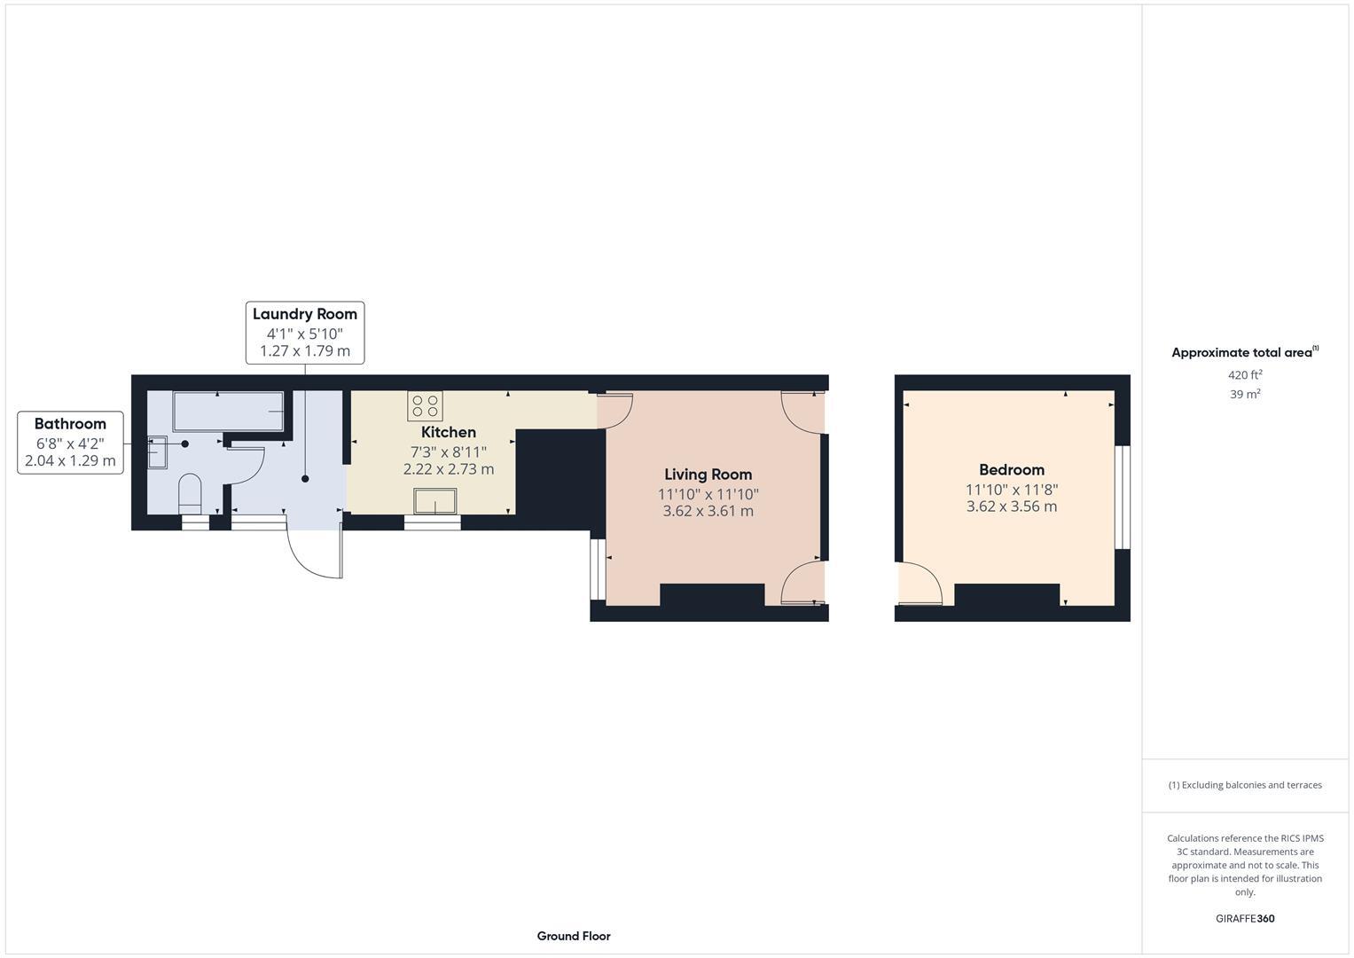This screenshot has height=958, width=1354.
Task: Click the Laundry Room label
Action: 304,314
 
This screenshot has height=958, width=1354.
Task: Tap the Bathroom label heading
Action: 70,424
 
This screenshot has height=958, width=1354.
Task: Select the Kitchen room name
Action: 448,432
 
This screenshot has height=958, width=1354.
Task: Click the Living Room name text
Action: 708,475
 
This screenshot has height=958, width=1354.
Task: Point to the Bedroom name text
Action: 1011,470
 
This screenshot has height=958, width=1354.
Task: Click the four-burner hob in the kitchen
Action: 425,405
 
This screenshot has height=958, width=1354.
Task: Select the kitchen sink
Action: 434,501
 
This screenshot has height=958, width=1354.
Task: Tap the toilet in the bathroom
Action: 191,492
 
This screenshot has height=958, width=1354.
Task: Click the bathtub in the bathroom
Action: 228,412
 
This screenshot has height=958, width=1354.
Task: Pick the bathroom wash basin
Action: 157,452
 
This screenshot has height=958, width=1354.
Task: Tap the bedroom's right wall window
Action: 1122,497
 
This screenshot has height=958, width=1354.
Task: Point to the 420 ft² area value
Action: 1244,375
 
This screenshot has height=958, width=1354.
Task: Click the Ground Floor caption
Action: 573,936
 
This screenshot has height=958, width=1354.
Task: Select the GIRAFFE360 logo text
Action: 1244,918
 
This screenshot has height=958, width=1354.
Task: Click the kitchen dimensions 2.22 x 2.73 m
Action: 448,469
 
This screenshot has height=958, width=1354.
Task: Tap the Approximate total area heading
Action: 1244,352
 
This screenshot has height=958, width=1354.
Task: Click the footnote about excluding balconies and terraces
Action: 1244,785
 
